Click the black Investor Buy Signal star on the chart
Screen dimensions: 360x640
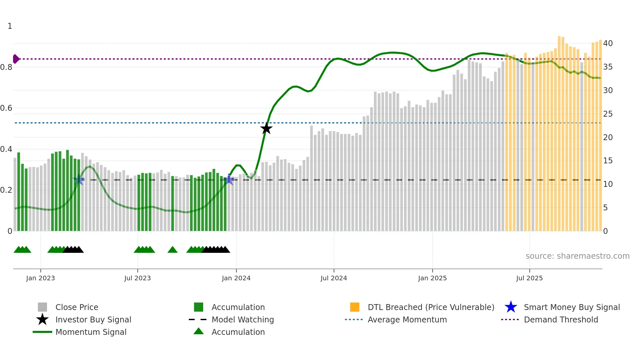click(266, 128)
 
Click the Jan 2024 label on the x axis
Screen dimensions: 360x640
click(236, 278)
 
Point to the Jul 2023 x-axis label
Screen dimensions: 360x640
click(137, 278)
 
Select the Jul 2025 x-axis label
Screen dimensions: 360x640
click(529, 278)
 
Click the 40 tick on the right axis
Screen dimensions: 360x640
click(608, 43)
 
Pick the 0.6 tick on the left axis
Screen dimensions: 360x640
click(6, 108)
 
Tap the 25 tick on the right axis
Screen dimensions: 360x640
click(608, 114)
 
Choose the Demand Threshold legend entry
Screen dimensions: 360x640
click(561, 319)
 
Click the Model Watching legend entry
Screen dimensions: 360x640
click(243, 319)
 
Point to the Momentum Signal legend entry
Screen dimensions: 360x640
click(91, 332)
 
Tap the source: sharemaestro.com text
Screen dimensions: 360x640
click(577, 256)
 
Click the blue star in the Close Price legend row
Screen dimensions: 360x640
click(511, 307)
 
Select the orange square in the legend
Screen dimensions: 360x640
click(355, 307)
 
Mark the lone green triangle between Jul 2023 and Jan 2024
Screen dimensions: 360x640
click(172, 250)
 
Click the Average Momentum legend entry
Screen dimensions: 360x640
click(407, 319)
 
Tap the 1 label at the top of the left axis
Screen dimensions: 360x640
click(10, 26)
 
